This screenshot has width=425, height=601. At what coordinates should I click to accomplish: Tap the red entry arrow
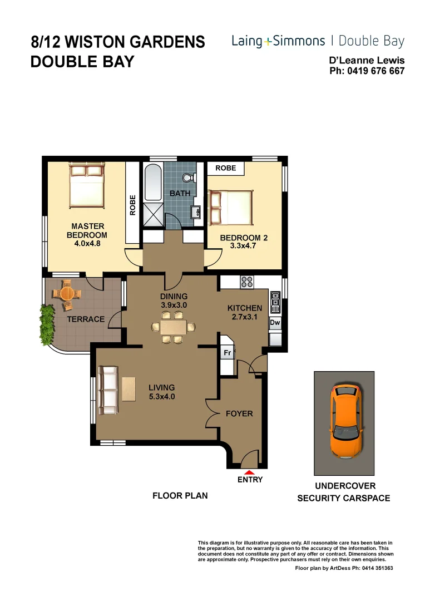250,472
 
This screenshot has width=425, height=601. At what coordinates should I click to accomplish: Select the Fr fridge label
227,353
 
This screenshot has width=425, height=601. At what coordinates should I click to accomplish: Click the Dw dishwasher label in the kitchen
275,323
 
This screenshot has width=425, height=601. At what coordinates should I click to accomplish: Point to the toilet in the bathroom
189,177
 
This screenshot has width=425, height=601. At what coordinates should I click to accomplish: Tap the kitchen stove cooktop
246,282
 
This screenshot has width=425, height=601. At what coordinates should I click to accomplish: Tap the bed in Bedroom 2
230,208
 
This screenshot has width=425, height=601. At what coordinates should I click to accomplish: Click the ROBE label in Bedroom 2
225,168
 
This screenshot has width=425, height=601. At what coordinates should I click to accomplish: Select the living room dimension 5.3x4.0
161,396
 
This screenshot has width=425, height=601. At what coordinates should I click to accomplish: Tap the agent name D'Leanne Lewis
367,61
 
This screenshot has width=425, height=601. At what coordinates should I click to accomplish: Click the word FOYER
239,413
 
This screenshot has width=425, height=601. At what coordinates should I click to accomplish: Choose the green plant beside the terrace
47,326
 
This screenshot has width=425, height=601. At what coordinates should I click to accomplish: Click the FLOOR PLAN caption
180,495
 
